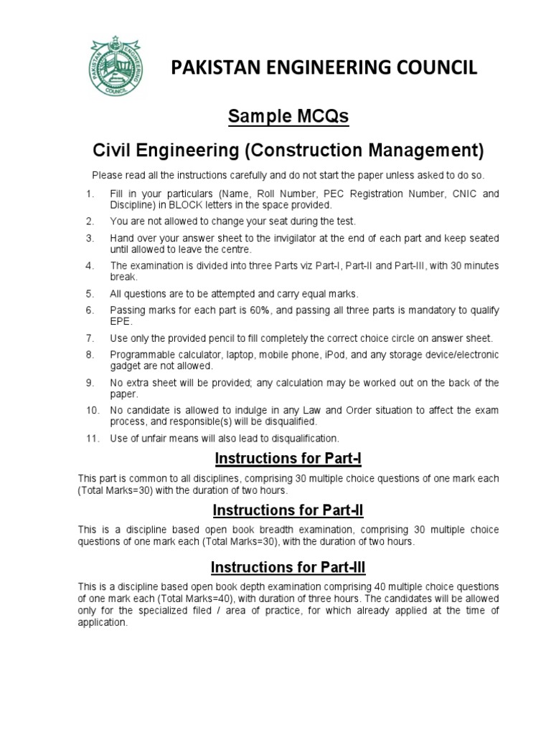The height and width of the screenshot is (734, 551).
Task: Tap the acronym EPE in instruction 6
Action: [x=120, y=321]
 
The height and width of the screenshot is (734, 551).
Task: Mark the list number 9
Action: [x=90, y=383]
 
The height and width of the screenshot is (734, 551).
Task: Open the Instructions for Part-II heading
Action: [x=288, y=510]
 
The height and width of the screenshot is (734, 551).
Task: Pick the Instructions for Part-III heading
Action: [x=288, y=567]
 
